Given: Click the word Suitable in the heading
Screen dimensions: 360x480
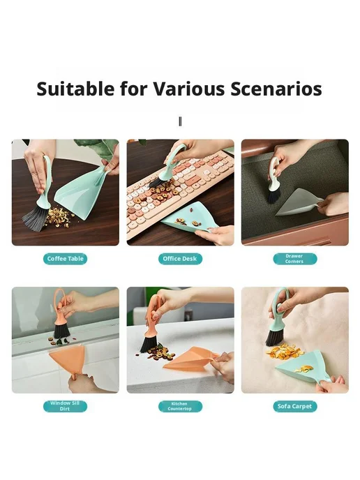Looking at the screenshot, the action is [x=75, y=89].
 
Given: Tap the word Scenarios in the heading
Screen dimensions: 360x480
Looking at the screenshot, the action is [x=276, y=89].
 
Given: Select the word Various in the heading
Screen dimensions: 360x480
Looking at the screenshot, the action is [x=189, y=89].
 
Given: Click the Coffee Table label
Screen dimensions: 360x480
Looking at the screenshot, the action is [x=65, y=259].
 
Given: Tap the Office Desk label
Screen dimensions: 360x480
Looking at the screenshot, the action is [x=180, y=259].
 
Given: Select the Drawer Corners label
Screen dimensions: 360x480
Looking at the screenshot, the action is [x=295, y=259].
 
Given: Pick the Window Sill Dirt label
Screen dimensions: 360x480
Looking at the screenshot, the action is [x=65, y=406].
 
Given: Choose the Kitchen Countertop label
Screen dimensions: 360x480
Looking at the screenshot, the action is [x=180, y=406].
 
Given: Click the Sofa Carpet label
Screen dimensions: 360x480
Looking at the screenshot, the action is [x=295, y=406].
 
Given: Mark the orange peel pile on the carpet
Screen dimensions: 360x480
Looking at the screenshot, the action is [x=282, y=352].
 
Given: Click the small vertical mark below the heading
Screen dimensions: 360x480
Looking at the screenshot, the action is [x=180, y=122].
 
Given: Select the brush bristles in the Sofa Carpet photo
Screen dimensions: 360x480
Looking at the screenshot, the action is [x=274, y=339].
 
